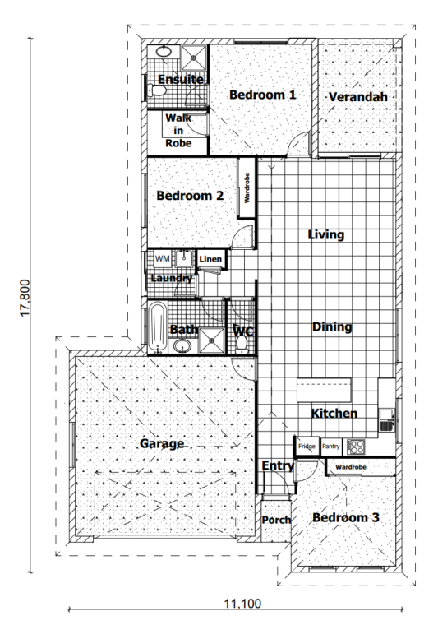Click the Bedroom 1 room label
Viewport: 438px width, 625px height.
pos(263,95)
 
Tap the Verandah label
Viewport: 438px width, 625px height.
pos(358,97)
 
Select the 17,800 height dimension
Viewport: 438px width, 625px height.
pos(25,299)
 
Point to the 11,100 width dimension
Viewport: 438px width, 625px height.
pos(243,604)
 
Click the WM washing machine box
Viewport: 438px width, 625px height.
pos(162,259)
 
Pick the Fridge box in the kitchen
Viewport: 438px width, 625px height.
pos(307,447)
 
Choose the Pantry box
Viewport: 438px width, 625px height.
pos(331,447)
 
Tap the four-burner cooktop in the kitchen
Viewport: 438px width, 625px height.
pos(356,447)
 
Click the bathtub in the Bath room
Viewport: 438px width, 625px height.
pos(158,328)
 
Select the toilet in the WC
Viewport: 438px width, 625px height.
pos(242,345)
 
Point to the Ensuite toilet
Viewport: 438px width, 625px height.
pos(155,91)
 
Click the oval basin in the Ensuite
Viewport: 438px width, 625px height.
pos(163,52)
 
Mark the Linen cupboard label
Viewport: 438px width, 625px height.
pos(210,259)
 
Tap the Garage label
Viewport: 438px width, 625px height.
pos(162,443)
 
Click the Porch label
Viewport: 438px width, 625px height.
pos(276,521)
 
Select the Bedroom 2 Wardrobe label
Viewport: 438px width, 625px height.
pos(247,187)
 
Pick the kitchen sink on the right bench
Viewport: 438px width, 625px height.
pos(386,420)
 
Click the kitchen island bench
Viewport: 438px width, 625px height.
pos(324,391)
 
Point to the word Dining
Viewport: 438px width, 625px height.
pos(332,326)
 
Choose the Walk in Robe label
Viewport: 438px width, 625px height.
pos(178,130)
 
